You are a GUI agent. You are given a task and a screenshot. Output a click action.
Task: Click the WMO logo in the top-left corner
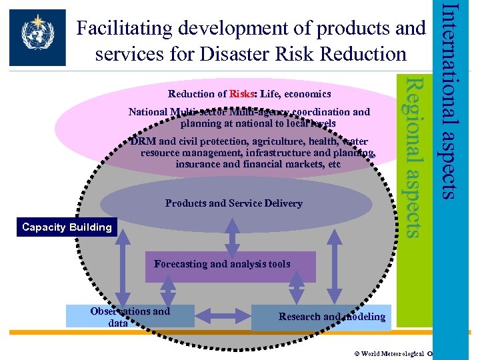point(38,37)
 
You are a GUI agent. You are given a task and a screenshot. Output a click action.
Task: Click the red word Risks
point(240,94)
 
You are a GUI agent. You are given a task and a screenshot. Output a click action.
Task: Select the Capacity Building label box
point(67,227)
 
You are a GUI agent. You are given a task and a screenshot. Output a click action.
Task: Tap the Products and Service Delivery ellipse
point(233,203)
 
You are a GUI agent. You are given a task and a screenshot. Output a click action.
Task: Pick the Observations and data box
point(130,316)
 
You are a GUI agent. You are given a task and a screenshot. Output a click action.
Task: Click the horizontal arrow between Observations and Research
point(223,317)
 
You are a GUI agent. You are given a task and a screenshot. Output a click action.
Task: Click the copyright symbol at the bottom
point(357,353)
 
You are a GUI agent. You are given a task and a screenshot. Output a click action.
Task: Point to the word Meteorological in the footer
point(403,353)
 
